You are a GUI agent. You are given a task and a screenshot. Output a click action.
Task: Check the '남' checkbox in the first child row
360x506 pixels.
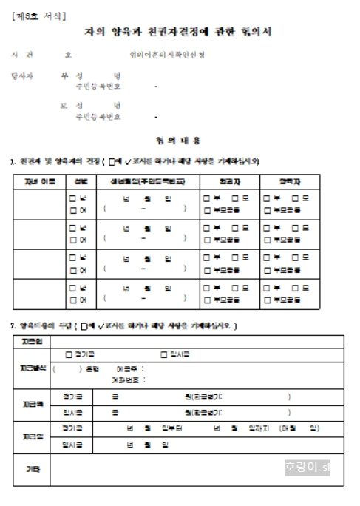[72, 198]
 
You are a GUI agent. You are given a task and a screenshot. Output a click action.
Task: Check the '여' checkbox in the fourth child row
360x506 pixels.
[72, 300]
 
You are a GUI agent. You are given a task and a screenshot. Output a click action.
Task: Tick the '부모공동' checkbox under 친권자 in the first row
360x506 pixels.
[208, 209]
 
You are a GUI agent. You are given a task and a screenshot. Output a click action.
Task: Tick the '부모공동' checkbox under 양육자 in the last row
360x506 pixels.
[269, 300]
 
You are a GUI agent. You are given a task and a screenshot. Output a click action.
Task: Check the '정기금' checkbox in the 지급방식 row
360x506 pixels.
[69, 355]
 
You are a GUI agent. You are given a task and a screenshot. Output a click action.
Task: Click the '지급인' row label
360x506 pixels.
[32, 341]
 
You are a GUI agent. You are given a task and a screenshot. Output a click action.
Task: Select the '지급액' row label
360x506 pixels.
[32, 404]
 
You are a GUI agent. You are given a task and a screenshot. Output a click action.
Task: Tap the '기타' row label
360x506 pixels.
[32, 468]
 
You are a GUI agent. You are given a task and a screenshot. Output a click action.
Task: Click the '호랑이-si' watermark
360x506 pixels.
[309, 468]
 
